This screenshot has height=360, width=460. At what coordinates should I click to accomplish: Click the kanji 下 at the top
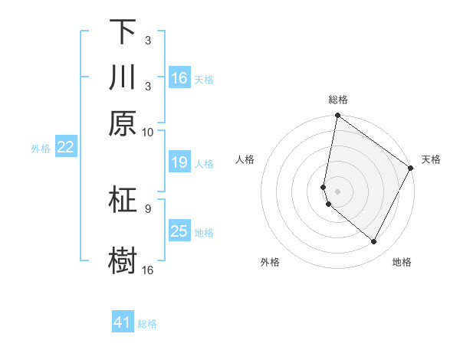coord(123,33)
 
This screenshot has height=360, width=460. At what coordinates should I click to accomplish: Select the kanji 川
coord(123,77)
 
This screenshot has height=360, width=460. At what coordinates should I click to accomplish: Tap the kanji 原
coord(123,122)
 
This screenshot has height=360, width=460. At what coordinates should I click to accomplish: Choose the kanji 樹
coord(123,260)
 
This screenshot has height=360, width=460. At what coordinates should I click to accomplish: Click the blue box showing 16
coord(179,78)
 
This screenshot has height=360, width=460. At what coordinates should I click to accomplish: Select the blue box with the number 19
coord(179,162)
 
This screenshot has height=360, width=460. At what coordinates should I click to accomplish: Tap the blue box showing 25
coord(179,231)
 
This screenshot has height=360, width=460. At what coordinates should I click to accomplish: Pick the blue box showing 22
coord(65,148)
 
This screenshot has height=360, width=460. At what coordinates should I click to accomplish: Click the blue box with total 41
coord(123,322)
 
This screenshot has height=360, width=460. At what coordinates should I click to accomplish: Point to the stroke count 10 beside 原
coord(148,132)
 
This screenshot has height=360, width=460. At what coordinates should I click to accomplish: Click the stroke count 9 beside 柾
coord(148,208)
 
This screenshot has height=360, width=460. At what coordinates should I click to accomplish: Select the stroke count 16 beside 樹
coord(148,270)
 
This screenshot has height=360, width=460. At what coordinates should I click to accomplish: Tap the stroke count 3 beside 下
coord(148,41)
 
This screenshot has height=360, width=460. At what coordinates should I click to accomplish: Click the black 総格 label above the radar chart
coord(338,100)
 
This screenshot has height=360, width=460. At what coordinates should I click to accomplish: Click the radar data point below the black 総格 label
coord(337,116)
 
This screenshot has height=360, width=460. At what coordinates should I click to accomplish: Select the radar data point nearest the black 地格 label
coord(374,242)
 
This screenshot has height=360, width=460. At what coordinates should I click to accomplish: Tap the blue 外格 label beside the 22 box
coord(40,149)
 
